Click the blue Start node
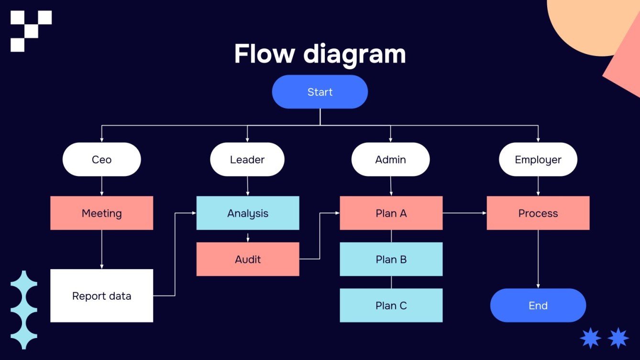(x=320, y=92)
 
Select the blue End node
(x=538, y=305)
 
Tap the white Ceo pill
(x=101, y=160)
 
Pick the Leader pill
(x=247, y=160)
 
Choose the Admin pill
(x=390, y=160)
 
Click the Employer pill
(x=538, y=160)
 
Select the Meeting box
(x=101, y=213)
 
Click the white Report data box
(x=101, y=296)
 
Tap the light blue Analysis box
(x=248, y=213)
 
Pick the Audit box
(x=248, y=259)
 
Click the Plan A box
(x=391, y=213)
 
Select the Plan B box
(x=391, y=259)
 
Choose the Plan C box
(x=391, y=305)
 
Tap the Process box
(x=538, y=213)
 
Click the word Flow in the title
(x=264, y=54)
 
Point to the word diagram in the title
(x=354, y=55)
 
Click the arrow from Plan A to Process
(x=464, y=213)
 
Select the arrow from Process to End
(x=538, y=258)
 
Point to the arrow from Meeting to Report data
(x=101, y=249)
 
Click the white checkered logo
(x=31, y=31)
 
